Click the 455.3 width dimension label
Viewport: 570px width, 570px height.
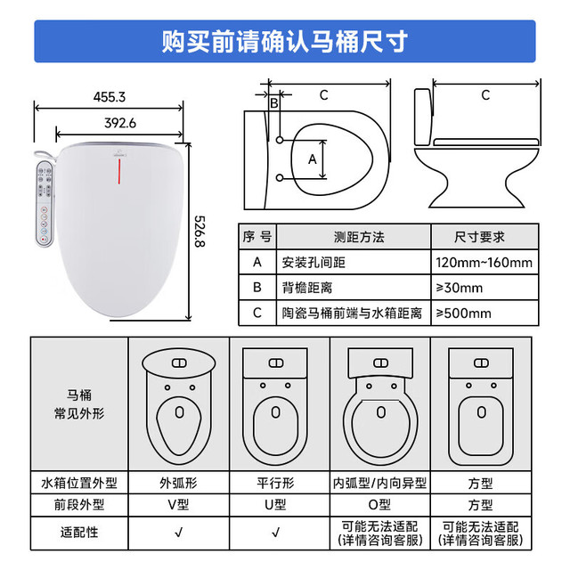(109, 97)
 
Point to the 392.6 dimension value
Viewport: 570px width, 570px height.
(120, 123)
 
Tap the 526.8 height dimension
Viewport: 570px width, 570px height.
(199, 232)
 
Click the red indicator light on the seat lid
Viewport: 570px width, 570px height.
(118, 171)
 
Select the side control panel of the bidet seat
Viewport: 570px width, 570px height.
(45, 204)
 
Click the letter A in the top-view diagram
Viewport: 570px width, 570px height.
(313, 159)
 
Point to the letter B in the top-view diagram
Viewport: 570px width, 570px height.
(274, 103)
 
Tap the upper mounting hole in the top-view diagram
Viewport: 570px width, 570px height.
(280, 140)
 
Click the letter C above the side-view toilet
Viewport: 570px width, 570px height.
(485, 95)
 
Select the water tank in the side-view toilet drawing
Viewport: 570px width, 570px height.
(423, 117)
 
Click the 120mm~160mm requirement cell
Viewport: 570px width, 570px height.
(484, 262)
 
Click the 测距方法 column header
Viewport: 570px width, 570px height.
(359, 237)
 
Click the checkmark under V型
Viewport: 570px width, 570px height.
(178, 533)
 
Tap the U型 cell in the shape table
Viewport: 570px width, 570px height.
(275, 505)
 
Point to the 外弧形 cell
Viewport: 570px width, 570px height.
(178, 483)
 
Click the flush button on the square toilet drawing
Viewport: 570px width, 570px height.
(481, 362)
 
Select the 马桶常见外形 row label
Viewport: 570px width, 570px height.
(79, 403)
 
